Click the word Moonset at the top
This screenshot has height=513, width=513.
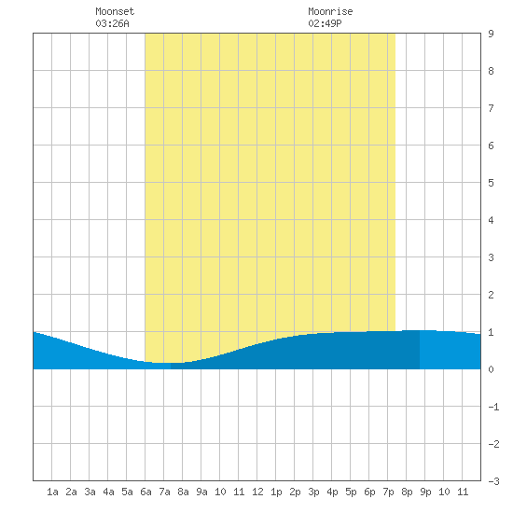pyautogui.click(x=115, y=11)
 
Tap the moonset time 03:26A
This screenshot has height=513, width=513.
pyautogui.click(x=112, y=23)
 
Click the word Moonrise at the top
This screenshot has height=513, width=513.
pyautogui.click(x=330, y=11)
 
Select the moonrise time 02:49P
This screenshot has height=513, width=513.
pyautogui.click(x=325, y=23)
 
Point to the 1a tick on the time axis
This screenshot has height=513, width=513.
pyautogui.click(x=52, y=492)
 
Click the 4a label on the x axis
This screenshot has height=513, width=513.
pyautogui.click(x=108, y=492)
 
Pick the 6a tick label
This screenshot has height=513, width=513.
pyautogui.click(x=146, y=492)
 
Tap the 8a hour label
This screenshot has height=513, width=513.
pyautogui.click(x=183, y=492)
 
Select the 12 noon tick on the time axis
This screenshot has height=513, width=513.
pyautogui.click(x=257, y=492)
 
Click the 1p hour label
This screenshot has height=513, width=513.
pyautogui.click(x=276, y=492)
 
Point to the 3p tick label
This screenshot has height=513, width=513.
pyautogui.click(x=313, y=492)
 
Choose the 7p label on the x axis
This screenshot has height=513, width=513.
pyautogui.click(x=388, y=492)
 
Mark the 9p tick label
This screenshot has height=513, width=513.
pyautogui.click(x=425, y=492)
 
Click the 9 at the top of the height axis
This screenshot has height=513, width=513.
pyautogui.click(x=491, y=34)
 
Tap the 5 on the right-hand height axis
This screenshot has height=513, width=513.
pyautogui.click(x=491, y=183)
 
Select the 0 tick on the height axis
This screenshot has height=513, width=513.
pyautogui.click(x=491, y=369)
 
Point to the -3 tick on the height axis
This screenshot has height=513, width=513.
pyautogui.click(x=493, y=481)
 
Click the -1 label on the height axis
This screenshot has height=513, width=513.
pyautogui.click(x=493, y=407)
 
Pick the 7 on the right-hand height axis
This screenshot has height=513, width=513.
pyautogui.click(x=491, y=108)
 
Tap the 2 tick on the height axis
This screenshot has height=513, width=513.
pyautogui.click(x=491, y=295)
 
